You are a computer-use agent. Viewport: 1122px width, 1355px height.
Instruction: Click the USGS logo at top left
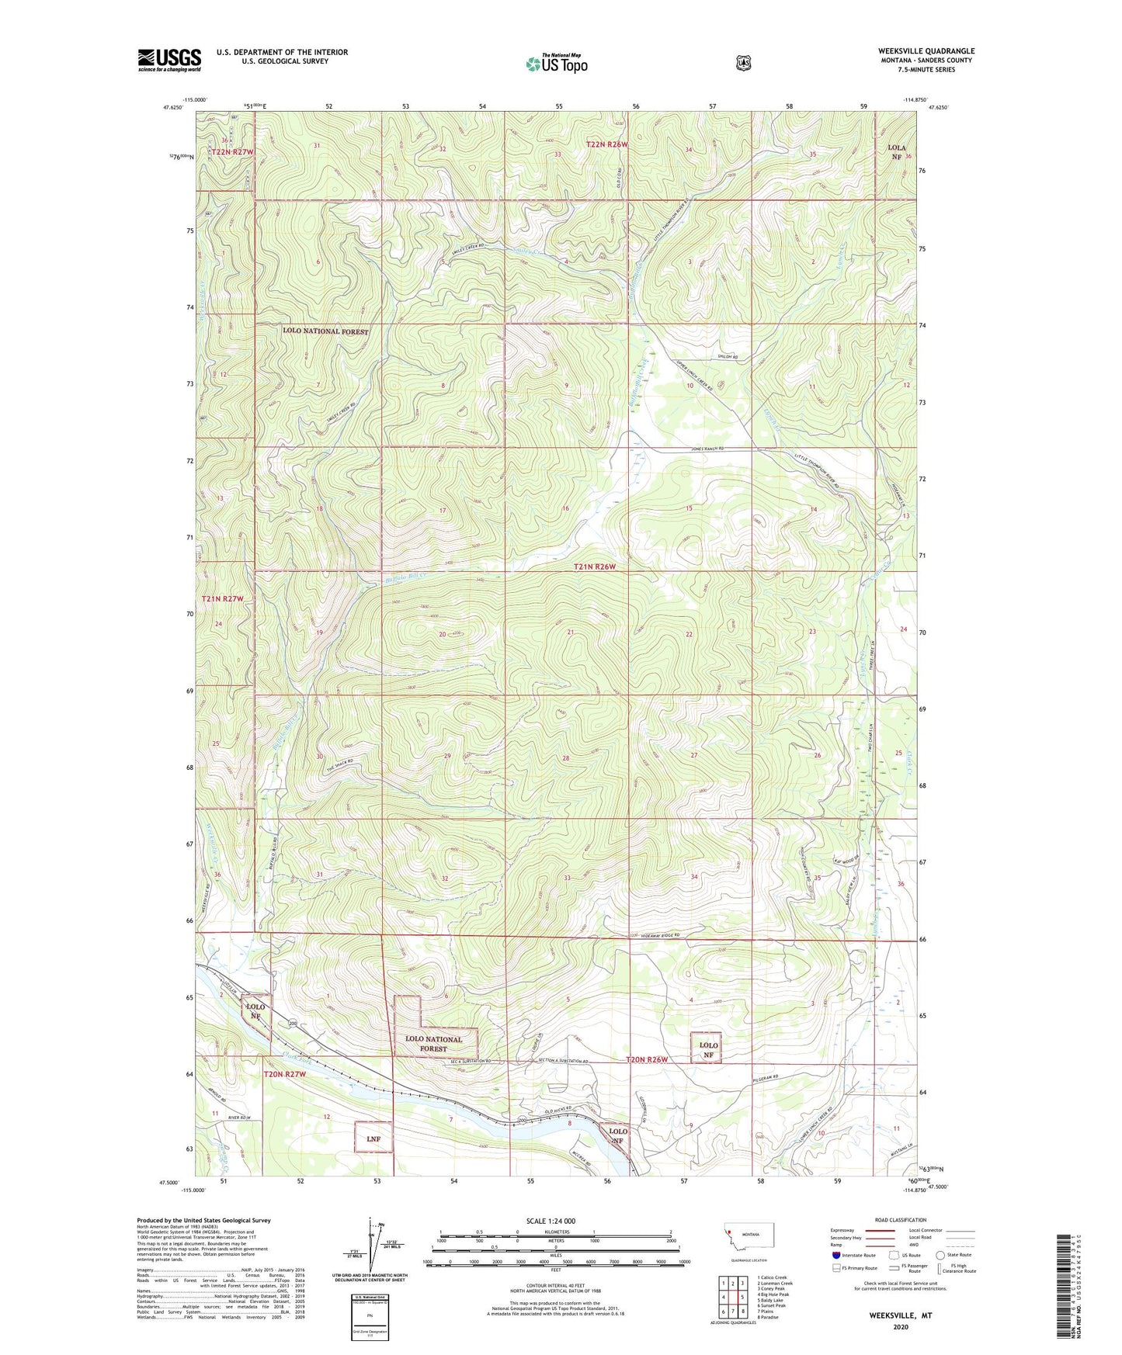[169, 59]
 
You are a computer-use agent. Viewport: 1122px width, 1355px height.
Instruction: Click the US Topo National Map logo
[555, 63]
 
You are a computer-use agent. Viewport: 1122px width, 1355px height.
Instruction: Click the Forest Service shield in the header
[743, 63]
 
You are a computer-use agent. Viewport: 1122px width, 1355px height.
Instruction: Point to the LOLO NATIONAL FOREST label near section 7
[325, 331]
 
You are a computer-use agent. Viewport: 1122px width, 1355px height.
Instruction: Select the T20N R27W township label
[285, 1074]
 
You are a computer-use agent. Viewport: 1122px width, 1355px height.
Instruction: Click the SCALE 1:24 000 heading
[551, 1221]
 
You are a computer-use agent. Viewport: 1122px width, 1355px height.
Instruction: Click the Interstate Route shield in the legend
[835, 1255]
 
